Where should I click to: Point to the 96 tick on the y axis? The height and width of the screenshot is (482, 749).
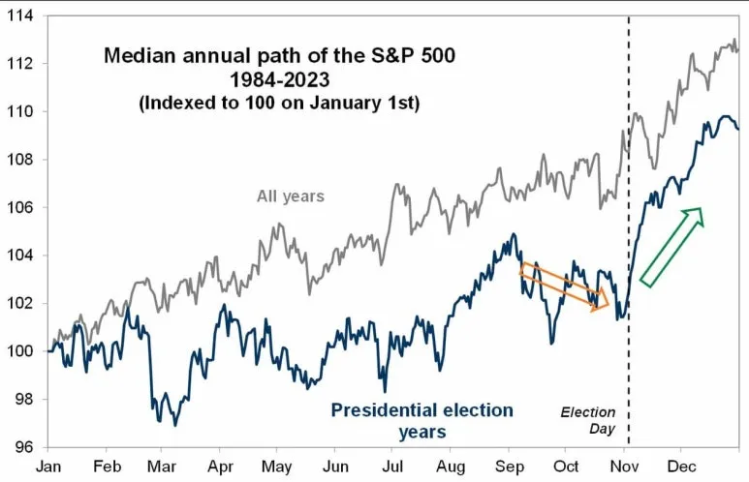[x=21, y=447]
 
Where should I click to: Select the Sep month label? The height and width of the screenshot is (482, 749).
[x=507, y=466]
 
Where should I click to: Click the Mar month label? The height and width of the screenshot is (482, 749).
[x=162, y=466]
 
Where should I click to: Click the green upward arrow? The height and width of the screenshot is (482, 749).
[x=672, y=247]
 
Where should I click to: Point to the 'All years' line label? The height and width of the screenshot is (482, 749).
[x=290, y=196]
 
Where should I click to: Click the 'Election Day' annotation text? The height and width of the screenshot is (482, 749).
[x=588, y=419]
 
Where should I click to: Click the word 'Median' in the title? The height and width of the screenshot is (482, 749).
[x=136, y=56]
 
